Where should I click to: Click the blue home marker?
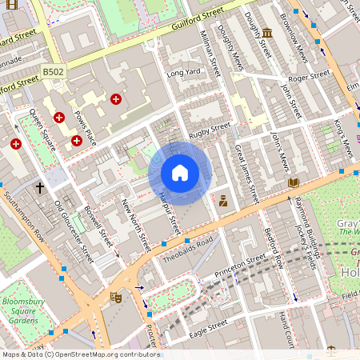[180, 174]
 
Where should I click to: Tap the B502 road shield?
[53, 72]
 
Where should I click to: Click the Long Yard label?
[182, 74]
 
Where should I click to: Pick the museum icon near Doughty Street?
[266, 33]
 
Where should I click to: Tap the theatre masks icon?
[115, 297]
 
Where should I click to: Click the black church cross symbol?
[40, 188]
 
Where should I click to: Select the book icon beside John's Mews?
[293, 183]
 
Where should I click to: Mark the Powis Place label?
[84, 128]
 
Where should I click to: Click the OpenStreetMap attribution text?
[80, 354]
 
